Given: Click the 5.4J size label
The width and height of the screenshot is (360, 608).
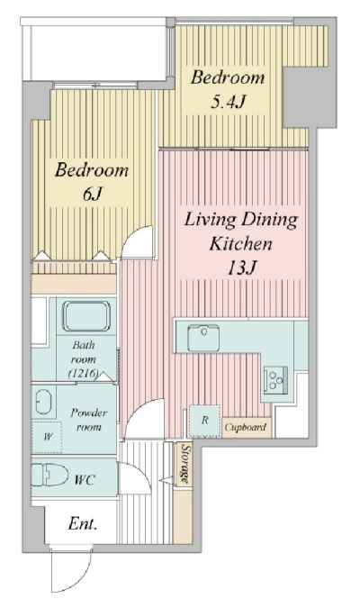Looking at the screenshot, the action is tap(229, 103).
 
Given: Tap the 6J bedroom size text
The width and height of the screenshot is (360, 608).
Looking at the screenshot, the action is tap(92, 194).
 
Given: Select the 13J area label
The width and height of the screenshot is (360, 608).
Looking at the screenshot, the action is tap(241, 268).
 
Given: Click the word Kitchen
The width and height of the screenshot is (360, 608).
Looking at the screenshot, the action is tap(240, 244).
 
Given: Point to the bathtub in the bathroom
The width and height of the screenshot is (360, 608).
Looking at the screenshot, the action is tap(86, 316).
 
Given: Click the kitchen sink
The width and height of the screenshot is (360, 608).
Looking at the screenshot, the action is tap(203, 338).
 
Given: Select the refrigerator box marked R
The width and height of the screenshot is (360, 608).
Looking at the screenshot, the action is tap(204, 421).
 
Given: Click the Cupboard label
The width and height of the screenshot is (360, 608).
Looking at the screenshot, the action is tap(246, 427).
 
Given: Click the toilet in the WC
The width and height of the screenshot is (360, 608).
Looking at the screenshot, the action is tap(49, 474).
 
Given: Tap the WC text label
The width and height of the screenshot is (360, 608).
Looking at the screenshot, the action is tap(85, 480).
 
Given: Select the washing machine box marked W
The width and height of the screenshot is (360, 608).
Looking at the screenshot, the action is tap(47, 437).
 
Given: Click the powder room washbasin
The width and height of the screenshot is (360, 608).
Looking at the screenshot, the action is tap(43, 402).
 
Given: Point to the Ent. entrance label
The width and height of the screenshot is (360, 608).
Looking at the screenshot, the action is tap(83, 524).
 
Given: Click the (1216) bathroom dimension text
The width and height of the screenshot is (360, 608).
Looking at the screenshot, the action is tap(83, 374).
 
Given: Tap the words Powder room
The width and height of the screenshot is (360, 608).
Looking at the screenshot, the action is tap(88, 420).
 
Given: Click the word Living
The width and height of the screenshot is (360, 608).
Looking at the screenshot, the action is tap(211, 220).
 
